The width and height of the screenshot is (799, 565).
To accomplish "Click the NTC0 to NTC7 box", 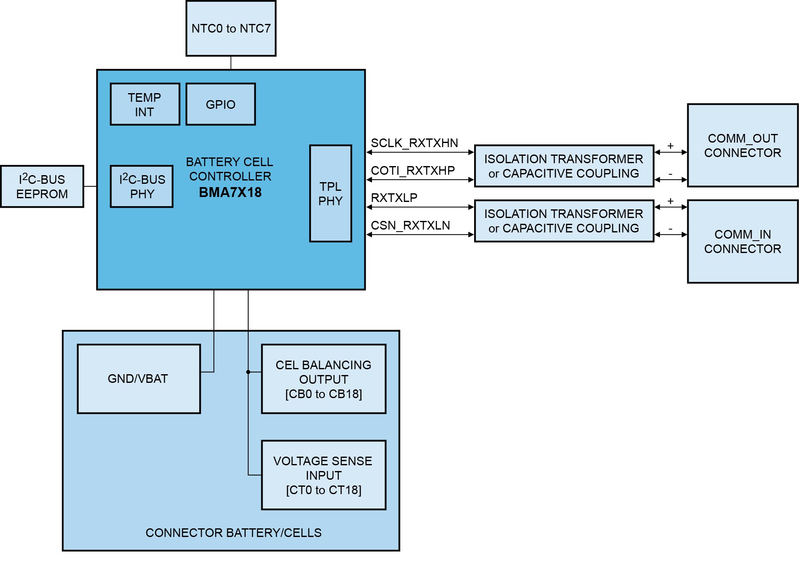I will [x=231, y=28].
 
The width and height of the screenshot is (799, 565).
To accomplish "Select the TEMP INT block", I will [x=145, y=104].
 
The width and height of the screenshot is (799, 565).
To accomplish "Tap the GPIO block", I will [x=221, y=104].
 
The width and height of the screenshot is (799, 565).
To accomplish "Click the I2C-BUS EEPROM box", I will [x=42, y=186].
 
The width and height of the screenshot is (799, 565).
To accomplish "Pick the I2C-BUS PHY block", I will [x=142, y=186].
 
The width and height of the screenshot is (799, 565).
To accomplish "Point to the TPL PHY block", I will [x=330, y=193].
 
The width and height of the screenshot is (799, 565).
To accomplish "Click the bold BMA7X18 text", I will [x=230, y=192].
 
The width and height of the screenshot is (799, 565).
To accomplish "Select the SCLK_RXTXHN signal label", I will [x=414, y=143].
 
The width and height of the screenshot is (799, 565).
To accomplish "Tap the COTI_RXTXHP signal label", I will [x=413, y=170].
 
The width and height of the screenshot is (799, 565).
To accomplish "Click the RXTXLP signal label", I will [x=394, y=198].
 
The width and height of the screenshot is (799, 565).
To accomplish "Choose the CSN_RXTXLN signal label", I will [x=410, y=225].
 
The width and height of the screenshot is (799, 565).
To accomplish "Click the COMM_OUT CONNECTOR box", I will [x=743, y=145].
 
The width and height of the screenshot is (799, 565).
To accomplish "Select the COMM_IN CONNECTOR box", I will [x=743, y=241].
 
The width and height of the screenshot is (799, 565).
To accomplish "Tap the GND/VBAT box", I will [x=139, y=379].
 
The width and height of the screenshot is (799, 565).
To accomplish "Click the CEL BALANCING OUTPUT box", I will [x=324, y=379].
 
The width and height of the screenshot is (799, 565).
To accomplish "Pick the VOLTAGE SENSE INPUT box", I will [x=324, y=475].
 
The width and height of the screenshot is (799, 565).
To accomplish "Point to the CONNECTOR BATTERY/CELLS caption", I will [x=233, y=533].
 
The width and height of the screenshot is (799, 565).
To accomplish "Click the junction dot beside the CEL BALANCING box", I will [x=248, y=372].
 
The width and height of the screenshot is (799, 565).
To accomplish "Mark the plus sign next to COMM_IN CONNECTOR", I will [x=670, y=201].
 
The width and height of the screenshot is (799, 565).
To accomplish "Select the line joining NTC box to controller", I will [x=231, y=63].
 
